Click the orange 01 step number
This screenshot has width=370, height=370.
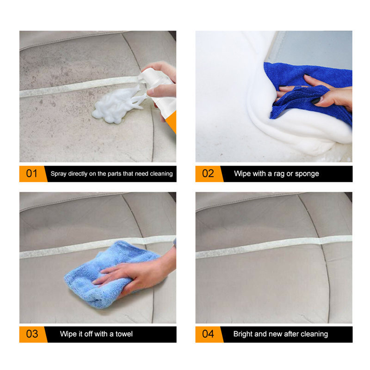(x=31, y=174)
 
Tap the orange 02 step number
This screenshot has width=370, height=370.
(x=208, y=174)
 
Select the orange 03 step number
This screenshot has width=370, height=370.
(x=31, y=334)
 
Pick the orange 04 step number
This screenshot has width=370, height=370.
(x=208, y=334)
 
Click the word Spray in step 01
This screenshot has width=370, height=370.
(x=58, y=174)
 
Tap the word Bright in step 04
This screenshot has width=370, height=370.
(x=243, y=334)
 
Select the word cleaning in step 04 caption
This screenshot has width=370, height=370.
(x=313, y=334)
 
